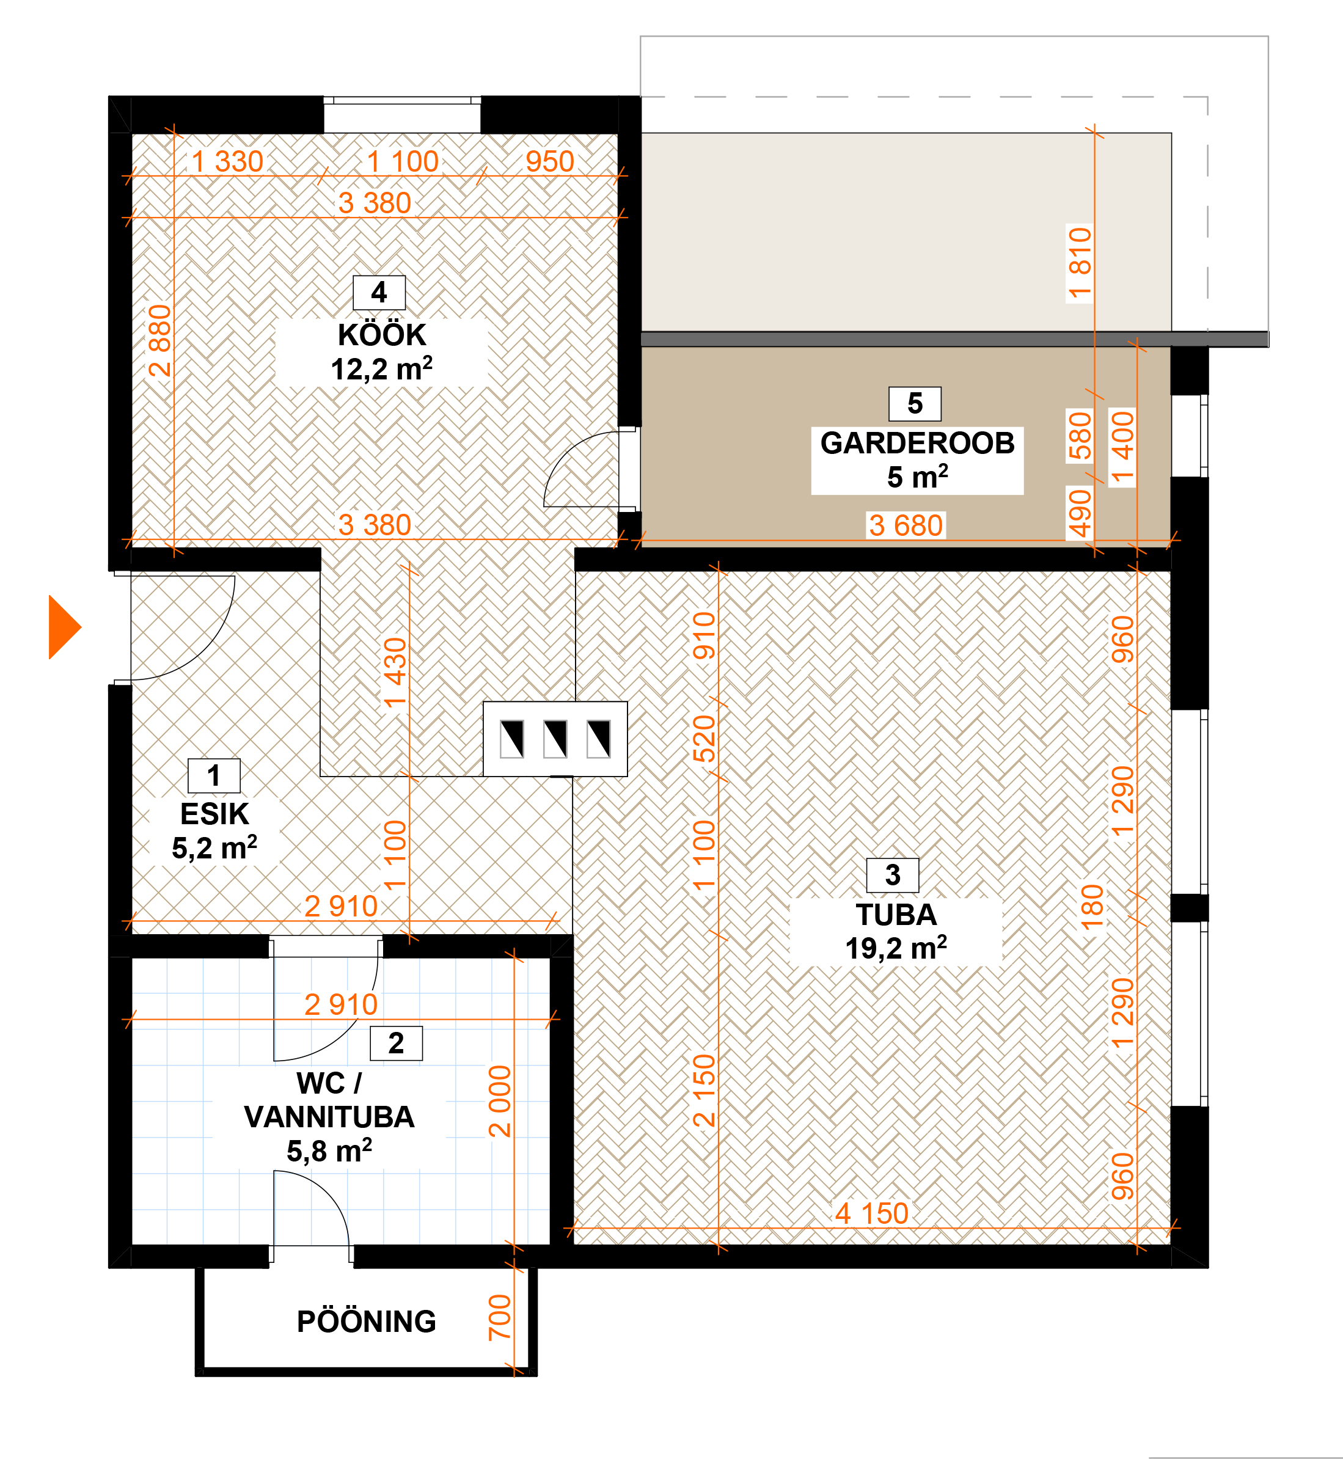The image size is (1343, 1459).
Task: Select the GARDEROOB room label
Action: point(917,443)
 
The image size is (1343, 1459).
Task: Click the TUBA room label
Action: point(896,915)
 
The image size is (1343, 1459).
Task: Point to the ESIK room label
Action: point(214,814)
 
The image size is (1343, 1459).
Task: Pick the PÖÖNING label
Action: point(366,1322)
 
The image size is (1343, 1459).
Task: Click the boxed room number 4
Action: point(379,293)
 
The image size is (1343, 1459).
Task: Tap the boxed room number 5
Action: point(915,404)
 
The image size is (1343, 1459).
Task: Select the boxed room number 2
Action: point(396,1044)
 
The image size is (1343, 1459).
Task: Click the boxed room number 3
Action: point(893,876)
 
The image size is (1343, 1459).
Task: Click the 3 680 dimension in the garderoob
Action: point(906,525)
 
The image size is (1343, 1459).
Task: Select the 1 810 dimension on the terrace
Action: point(1080,264)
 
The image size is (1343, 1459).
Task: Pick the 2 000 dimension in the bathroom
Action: point(500,1102)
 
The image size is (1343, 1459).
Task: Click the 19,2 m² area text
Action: point(896,948)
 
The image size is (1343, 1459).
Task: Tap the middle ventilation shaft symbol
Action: point(555,739)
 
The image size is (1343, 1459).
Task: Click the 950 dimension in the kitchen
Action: point(550,161)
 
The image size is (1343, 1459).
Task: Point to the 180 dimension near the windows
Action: point(1092,907)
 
